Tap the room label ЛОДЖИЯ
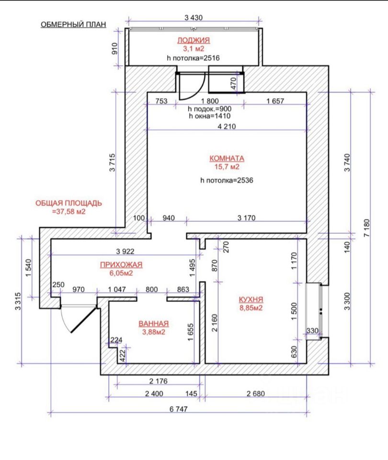(x=194, y=40)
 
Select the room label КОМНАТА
(x=227, y=158)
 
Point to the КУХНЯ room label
(x=251, y=299)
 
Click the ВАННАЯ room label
(x=153, y=323)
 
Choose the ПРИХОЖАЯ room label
(x=121, y=264)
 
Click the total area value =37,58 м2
(x=68, y=211)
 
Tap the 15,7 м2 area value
(x=227, y=167)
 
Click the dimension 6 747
(x=178, y=409)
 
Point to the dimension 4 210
(x=227, y=126)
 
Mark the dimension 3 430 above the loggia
(x=194, y=18)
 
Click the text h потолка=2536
(x=227, y=181)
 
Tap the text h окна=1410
(x=210, y=115)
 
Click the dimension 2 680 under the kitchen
(x=255, y=394)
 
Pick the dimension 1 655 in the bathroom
(x=191, y=331)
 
